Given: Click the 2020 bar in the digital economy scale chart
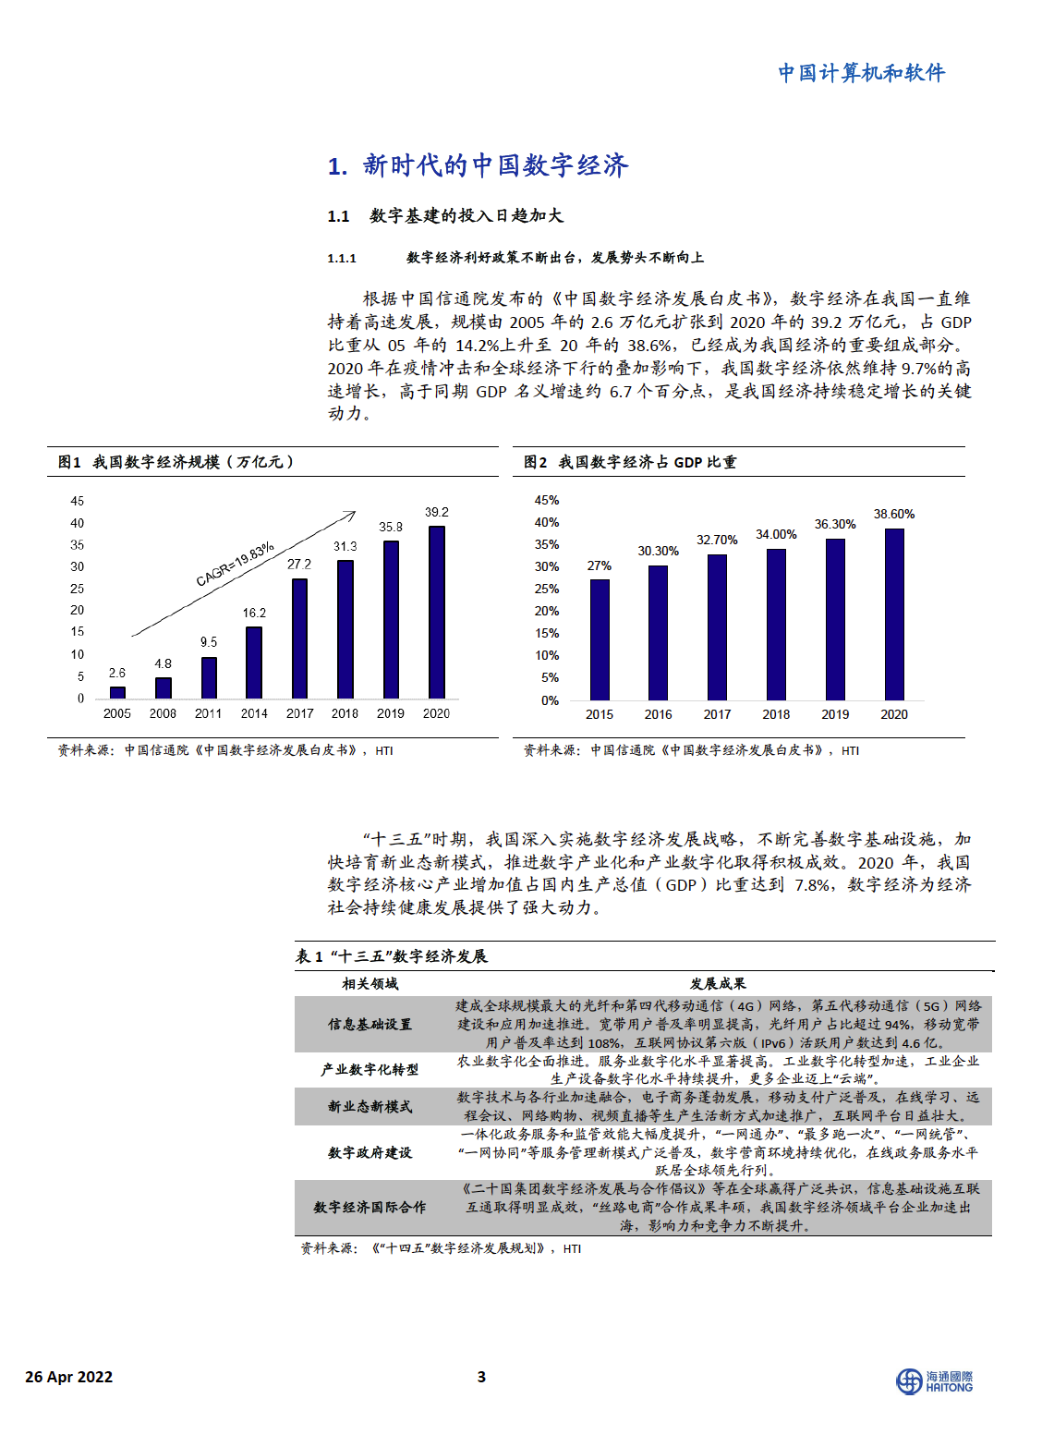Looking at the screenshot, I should pos(437,612).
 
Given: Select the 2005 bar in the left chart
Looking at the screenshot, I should pos(117,692).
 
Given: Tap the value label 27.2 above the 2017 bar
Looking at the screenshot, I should pos(299,564).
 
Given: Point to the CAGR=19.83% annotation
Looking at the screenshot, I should pos(235,565).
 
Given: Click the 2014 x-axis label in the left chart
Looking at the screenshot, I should pos(254,713).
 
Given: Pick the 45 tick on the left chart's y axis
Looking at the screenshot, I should pos(78,501).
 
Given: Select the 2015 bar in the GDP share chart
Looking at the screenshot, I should pos(600,639).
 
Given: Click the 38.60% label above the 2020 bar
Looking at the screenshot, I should pos(894,514).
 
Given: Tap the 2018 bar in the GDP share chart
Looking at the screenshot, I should pos(776,625).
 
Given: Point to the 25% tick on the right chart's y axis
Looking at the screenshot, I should pos(547,589).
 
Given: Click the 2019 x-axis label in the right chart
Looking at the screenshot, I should pos(835,714).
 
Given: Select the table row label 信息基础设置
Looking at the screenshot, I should pos(370,1025).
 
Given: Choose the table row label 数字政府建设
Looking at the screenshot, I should pos(370,1152).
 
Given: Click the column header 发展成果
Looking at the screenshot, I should pos(718,984).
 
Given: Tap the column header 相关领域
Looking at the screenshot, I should pos(370,984).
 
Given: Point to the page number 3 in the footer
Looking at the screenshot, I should pos(481,1377).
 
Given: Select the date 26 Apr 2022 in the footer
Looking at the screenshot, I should pos(69,1377).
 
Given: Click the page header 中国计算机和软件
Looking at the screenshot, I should pos(861,73).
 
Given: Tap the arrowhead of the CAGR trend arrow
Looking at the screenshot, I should pos(352,514).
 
